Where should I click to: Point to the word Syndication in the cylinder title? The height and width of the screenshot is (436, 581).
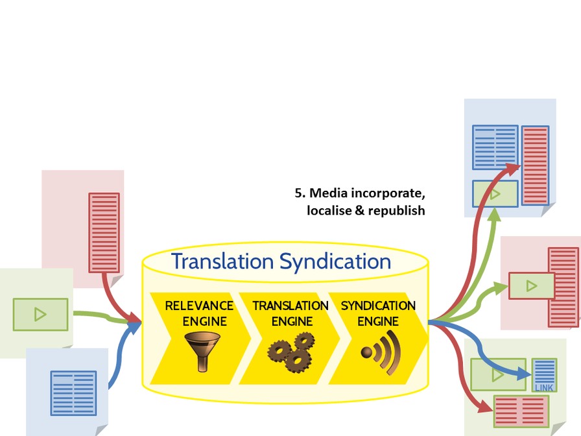click(335, 261)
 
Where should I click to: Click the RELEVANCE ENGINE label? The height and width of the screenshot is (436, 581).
click(199, 313)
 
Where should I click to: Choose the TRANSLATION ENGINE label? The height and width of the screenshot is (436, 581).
click(290, 313)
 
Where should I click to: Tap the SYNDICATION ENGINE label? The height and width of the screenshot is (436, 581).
click(379, 313)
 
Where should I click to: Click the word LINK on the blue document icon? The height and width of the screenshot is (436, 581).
click(543, 388)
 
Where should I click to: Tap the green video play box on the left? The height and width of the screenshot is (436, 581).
click(40, 315)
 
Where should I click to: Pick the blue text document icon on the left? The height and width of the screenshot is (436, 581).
click(73, 393)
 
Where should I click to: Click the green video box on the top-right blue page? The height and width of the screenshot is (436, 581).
click(495, 193)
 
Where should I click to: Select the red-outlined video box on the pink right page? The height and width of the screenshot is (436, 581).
click(532, 285)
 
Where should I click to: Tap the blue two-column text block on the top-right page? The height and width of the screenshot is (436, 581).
click(495, 147)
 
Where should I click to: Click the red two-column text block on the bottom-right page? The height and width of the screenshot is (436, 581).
click(521, 411)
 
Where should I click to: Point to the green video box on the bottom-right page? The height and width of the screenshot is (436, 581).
click(498, 374)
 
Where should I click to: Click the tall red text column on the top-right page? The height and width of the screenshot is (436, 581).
click(536, 165)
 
